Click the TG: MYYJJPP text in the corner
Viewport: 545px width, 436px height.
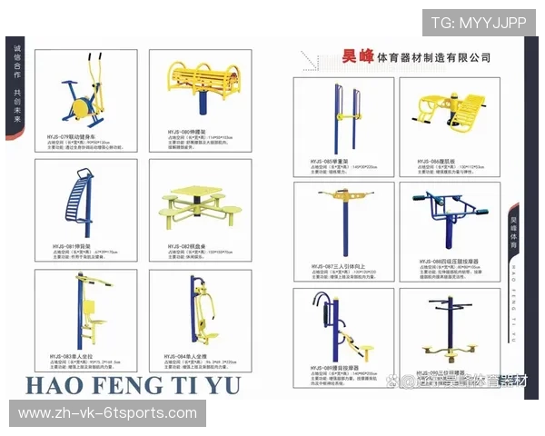pyautogui.click(x=480, y=22)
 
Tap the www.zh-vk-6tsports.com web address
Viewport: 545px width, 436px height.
pyautogui.click(x=108, y=413)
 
